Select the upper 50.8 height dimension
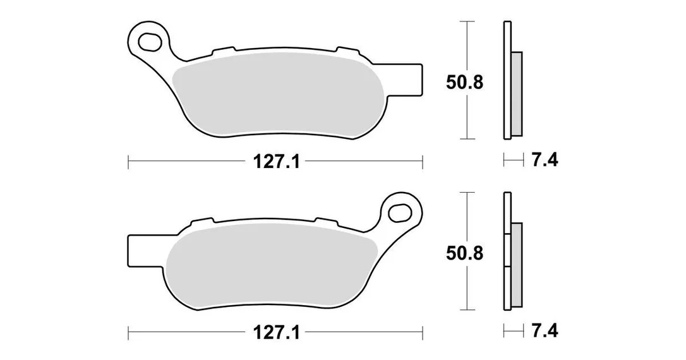coord(465,82)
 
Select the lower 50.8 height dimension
coord(465,253)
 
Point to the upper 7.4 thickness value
coord(545,160)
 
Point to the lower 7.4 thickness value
coord(545,331)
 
